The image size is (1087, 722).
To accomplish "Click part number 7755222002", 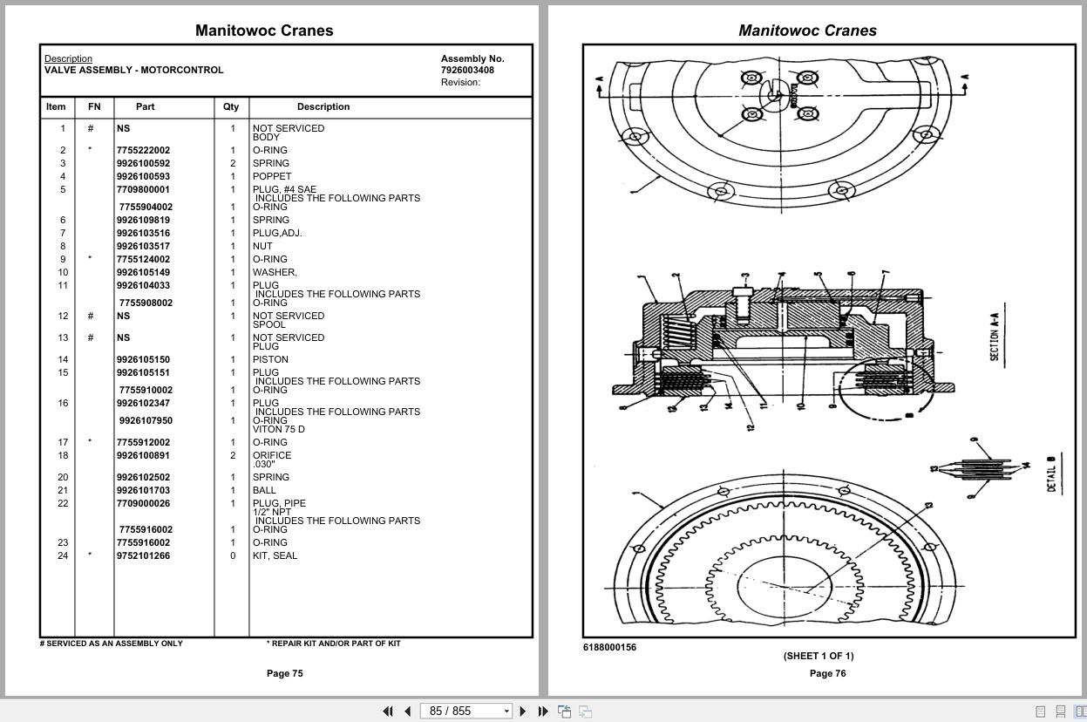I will pyautogui.click(x=144, y=150).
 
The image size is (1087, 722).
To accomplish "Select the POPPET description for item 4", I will pyautogui.click(x=272, y=176).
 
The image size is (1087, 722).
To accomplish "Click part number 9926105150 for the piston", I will pyautogui.click(x=144, y=359).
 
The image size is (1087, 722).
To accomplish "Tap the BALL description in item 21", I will pyautogui.click(x=264, y=490).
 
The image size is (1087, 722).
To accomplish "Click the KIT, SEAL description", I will pyautogui.click(x=275, y=555).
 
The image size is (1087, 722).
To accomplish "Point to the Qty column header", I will pyautogui.click(x=230, y=106).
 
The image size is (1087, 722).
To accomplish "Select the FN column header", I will pyautogui.click(x=94, y=106).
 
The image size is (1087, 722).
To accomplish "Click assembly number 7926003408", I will pyautogui.click(x=467, y=70).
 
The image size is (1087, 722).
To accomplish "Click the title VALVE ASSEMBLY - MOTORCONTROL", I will pyautogui.click(x=133, y=70).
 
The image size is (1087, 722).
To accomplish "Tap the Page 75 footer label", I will pyautogui.click(x=284, y=673).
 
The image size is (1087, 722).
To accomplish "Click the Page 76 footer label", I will pyautogui.click(x=827, y=673).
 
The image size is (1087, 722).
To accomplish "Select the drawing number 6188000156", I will pyautogui.click(x=609, y=647).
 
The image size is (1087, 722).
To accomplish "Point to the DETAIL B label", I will pyautogui.click(x=1051, y=473).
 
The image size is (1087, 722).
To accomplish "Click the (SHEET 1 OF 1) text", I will pyautogui.click(x=818, y=656).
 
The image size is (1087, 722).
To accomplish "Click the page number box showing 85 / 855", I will pyautogui.click(x=465, y=711).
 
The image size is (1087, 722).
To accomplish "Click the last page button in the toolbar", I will pyautogui.click(x=543, y=711).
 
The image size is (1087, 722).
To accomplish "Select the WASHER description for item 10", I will pyautogui.click(x=275, y=272).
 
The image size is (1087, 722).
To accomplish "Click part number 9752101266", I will pyautogui.click(x=144, y=555).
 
